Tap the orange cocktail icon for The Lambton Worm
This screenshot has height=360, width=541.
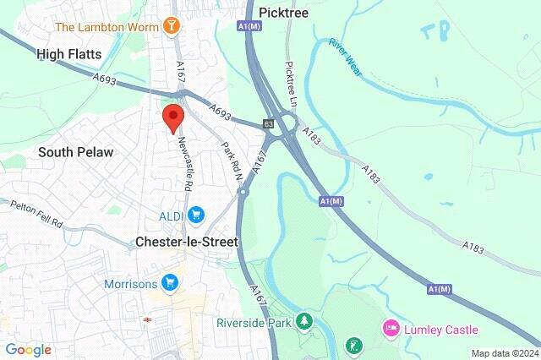point(172,27)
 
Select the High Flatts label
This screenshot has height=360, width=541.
point(69,54)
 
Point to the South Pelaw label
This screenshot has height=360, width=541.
point(75,152)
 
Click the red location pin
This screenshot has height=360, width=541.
point(173,118)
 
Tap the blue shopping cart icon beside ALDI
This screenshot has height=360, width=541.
point(196,215)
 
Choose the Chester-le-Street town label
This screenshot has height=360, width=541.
point(187,242)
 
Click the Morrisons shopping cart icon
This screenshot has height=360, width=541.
point(171,282)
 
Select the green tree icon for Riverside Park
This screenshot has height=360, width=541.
point(303,322)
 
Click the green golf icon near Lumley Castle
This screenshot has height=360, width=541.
point(354,346)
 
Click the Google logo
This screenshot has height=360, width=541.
point(28,350)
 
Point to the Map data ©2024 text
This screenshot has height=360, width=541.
point(505,353)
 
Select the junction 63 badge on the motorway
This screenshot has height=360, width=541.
point(268,124)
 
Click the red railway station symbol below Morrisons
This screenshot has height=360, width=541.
point(146,320)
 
